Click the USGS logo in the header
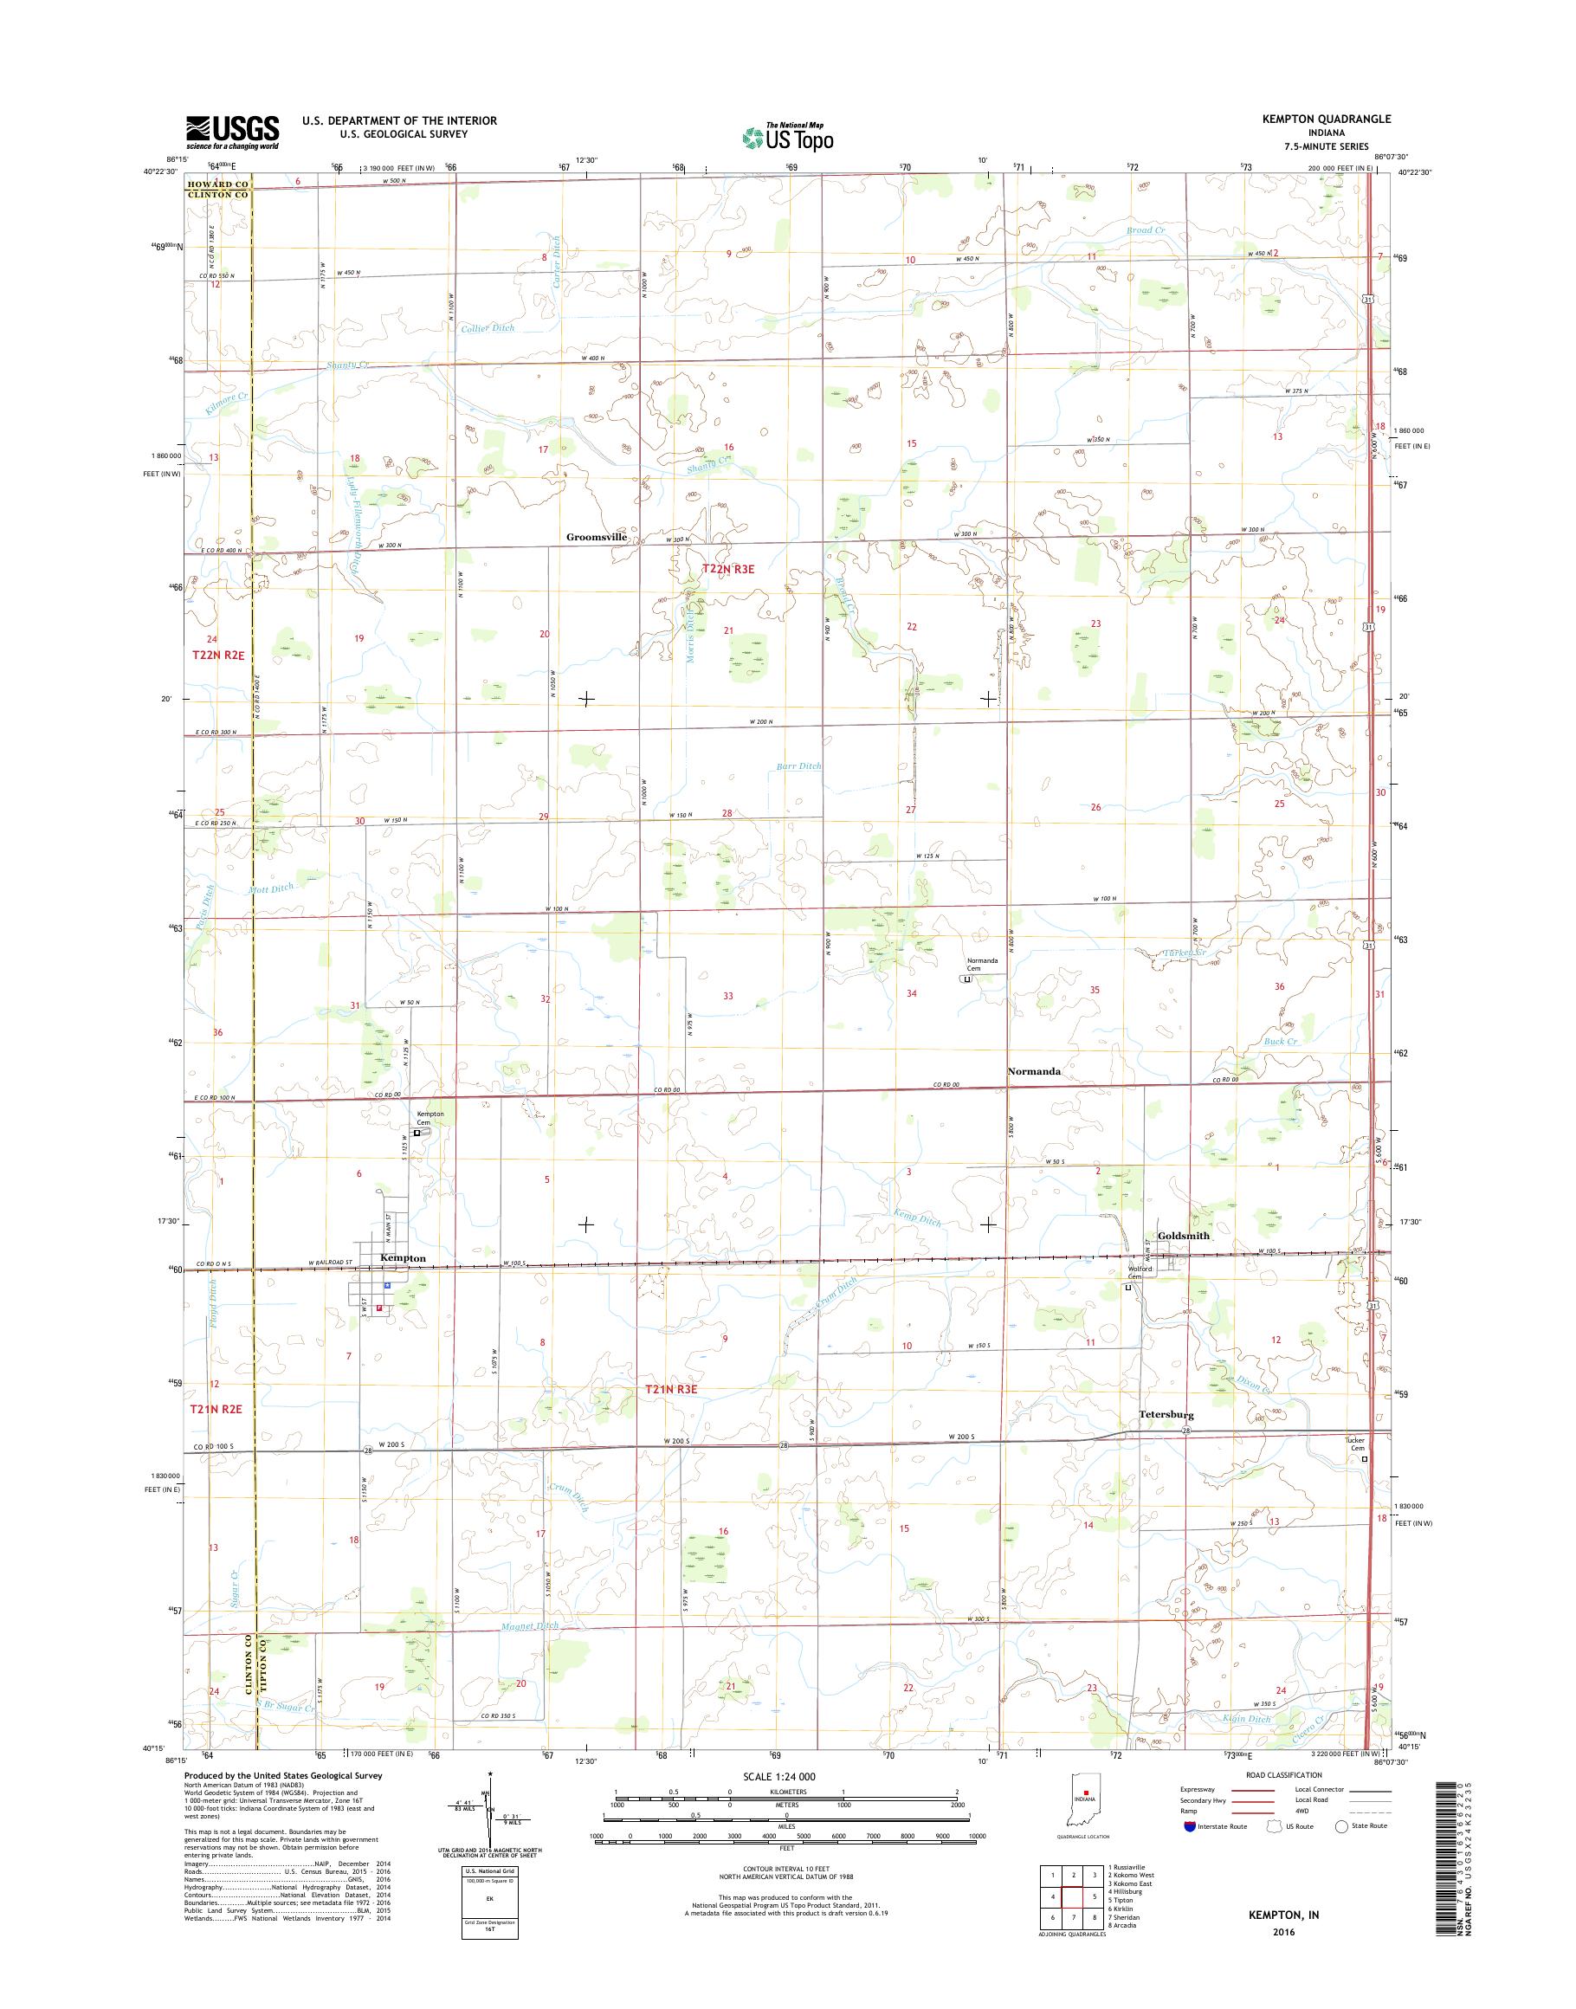click(233, 132)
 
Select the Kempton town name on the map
click(404, 1259)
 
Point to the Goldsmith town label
click(1183, 1236)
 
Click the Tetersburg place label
click(1166, 1415)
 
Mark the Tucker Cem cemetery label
click(1354, 1470)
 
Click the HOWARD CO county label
click(216, 184)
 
